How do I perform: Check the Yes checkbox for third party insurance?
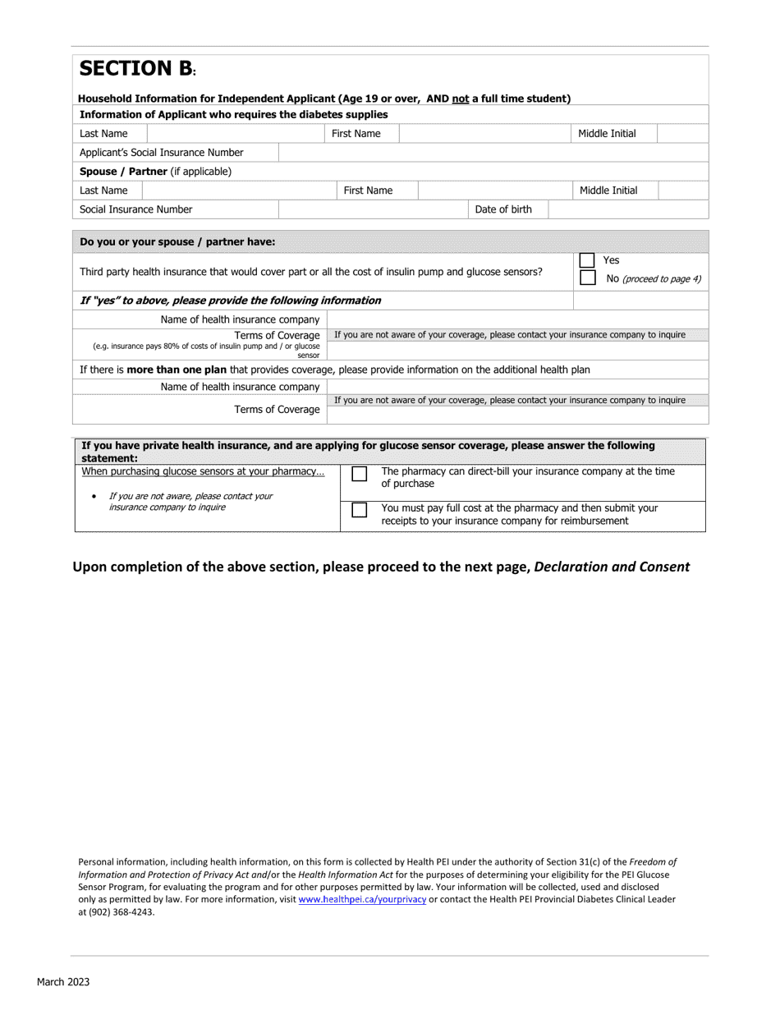(x=587, y=260)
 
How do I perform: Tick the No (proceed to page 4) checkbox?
(x=587, y=278)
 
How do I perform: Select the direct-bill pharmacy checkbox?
(x=360, y=474)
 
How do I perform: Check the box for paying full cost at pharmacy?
(x=360, y=510)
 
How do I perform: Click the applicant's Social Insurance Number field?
(x=493, y=152)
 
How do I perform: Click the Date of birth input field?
(x=628, y=209)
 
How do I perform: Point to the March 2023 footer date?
(x=63, y=982)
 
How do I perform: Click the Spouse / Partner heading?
(x=155, y=172)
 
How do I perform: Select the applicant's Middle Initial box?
(x=683, y=133)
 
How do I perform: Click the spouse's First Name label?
(x=368, y=191)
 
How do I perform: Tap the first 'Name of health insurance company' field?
(x=517, y=319)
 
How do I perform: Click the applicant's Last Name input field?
(x=236, y=133)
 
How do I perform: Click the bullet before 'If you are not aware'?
(x=96, y=497)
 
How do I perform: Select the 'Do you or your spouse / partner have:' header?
(x=177, y=241)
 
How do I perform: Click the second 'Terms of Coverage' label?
(x=277, y=410)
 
